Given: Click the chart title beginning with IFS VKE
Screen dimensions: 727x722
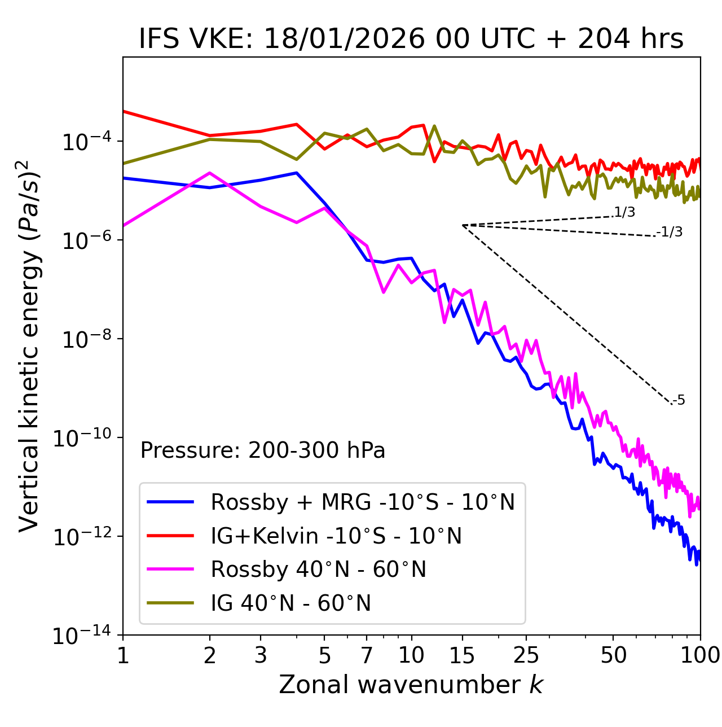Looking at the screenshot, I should click(411, 40).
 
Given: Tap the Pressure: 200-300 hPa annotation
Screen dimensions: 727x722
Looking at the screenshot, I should click(262, 450).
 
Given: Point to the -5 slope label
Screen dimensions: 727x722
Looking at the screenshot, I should click(679, 401).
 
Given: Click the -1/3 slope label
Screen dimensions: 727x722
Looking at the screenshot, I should click(670, 232).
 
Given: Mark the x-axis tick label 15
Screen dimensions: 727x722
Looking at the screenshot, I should click(462, 656).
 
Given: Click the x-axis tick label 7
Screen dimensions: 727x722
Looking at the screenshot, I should click(367, 656).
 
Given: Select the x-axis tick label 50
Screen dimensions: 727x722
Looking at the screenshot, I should click(613, 656).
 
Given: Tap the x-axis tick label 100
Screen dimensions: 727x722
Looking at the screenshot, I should click(700, 656).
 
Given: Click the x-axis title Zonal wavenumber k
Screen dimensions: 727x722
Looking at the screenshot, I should click(411, 685).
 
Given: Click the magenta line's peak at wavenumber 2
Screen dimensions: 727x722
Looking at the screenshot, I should click(210, 173).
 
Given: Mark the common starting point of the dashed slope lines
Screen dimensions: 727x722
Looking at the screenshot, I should click(463, 225).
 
